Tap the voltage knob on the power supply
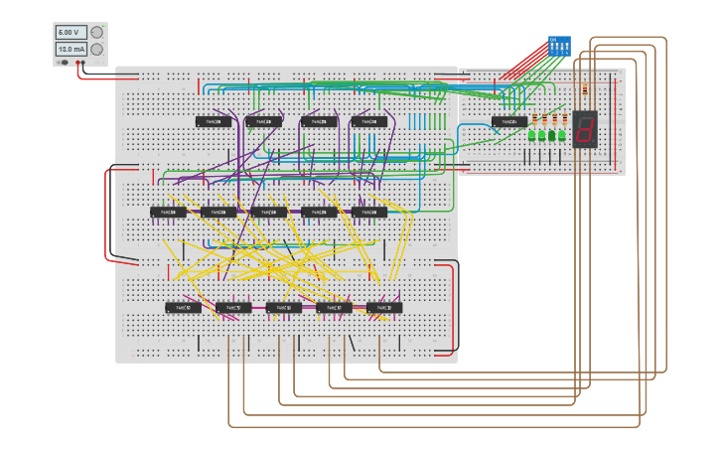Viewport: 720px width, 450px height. coord(97,32)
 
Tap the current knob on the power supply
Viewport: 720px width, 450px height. coord(97,49)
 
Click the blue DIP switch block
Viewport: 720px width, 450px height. coord(559,46)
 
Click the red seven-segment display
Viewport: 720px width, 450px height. coord(585,129)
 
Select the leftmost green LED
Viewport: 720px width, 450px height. coord(532,135)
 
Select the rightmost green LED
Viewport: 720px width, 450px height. coord(563,135)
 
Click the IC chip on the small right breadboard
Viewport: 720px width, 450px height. coord(509,122)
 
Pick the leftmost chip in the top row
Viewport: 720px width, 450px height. coord(214,122)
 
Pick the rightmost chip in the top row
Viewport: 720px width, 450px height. coord(368,122)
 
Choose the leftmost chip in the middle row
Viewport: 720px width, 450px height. coord(168,213)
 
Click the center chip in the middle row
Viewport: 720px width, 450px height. coord(268,213)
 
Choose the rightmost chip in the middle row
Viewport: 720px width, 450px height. coord(368,213)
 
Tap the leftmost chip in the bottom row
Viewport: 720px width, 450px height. coord(183,308)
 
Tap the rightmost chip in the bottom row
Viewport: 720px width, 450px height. coord(384,308)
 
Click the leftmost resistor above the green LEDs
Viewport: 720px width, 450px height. coord(533,119)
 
